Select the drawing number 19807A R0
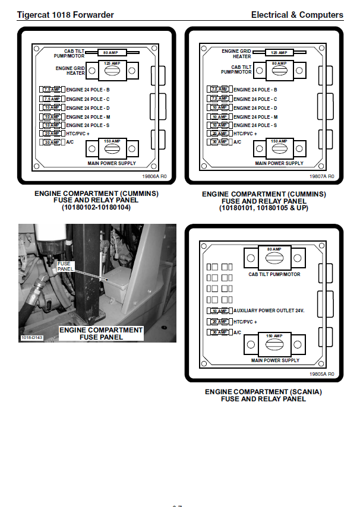point(322,176)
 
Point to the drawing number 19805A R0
point(322,374)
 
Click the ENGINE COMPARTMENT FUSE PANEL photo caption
point(101,334)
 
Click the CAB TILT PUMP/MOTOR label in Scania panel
point(274,274)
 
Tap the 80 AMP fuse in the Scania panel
point(274,258)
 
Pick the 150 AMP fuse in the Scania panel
point(274,344)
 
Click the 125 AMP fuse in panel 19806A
point(108,71)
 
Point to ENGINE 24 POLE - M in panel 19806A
point(89,117)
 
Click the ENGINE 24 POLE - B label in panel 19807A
point(255,90)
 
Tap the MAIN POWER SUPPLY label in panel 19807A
point(279,163)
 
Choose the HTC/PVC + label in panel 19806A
point(78,134)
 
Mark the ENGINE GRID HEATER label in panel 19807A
point(237,54)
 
